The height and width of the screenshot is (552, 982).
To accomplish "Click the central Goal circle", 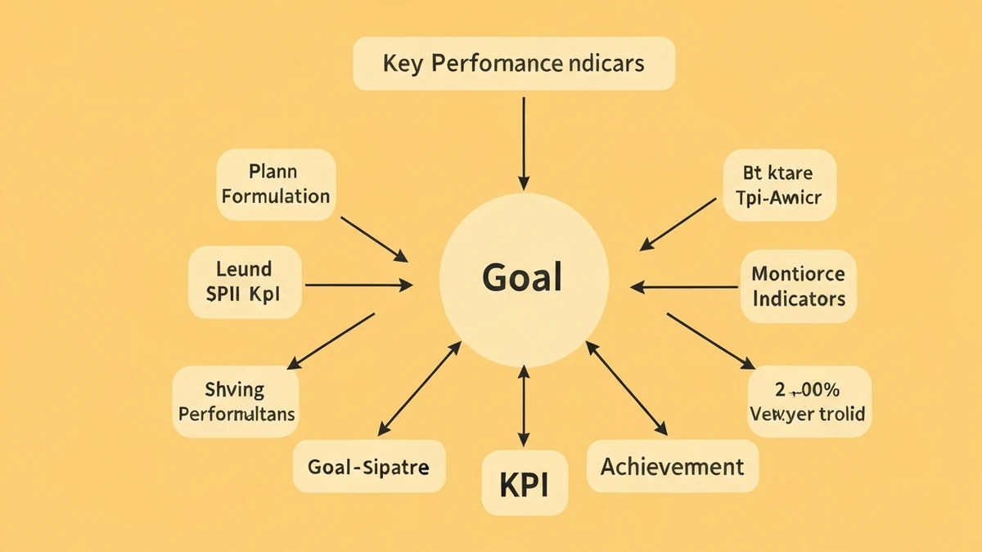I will pyautogui.click(x=524, y=279).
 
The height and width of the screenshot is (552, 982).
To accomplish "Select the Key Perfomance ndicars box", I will pyautogui.click(x=514, y=63).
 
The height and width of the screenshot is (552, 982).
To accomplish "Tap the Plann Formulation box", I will pyautogui.click(x=276, y=185).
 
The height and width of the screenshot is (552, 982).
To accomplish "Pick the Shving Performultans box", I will pyautogui.click(x=236, y=402).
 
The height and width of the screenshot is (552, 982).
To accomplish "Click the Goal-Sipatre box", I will pyautogui.click(x=368, y=467).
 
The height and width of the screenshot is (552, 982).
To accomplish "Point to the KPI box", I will pyautogui.click(x=523, y=484).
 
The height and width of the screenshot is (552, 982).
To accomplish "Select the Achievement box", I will pyautogui.click(x=672, y=467).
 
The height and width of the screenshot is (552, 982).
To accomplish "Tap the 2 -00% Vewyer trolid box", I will pyautogui.click(x=809, y=402).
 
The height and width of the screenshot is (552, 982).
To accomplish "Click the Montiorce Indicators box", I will pyautogui.click(x=798, y=286).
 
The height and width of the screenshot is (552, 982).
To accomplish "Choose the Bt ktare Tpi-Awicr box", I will pyautogui.click(x=779, y=186).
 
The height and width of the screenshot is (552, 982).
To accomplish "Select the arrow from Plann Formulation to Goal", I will pyautogui.click(x=374, y=240).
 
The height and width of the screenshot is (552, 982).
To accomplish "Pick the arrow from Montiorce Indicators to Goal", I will pyautogui.click(x=684, y=287).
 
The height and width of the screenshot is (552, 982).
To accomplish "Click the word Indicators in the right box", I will pyautogui.click(x=798, y=298).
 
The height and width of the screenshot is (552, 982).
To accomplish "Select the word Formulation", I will pyautogui.click(x=276, y=196).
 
